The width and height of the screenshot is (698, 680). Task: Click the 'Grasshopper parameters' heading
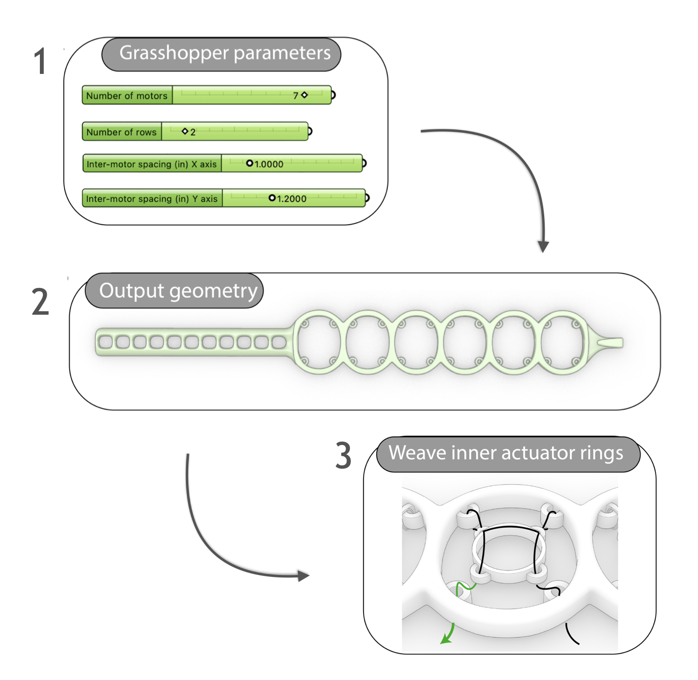(x=225, y=53)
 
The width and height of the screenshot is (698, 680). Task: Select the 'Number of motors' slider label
(x=127, y=96)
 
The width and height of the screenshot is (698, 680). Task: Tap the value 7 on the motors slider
(x=295, y=96)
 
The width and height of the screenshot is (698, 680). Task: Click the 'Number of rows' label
(x=121, y=132)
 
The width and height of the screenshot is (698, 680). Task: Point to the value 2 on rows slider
(x=193, y=132)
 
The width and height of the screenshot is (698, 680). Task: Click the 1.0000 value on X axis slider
(x=268, y=164)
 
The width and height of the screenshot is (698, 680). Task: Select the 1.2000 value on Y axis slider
(x=291, y=198)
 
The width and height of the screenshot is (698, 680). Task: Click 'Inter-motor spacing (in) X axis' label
(x=151, y=164)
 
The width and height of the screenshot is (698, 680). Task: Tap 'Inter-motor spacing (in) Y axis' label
(x=151, y=198)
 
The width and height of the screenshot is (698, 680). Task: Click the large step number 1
(x=40, y=62)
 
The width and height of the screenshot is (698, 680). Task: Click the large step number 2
(x=41, y=302)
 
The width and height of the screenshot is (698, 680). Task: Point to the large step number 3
(x=344, y=456)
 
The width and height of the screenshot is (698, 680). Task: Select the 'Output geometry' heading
(x=178, y=291)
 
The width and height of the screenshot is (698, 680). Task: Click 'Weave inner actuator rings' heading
(x=506, y=453)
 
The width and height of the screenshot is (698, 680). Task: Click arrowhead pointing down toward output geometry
(x=543, y=246)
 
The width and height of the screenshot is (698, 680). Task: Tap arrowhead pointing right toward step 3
(x=304, y=576)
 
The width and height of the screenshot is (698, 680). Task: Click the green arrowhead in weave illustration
(x=445, y=640)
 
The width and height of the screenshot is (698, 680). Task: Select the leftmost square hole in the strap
(x=105, y=342)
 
